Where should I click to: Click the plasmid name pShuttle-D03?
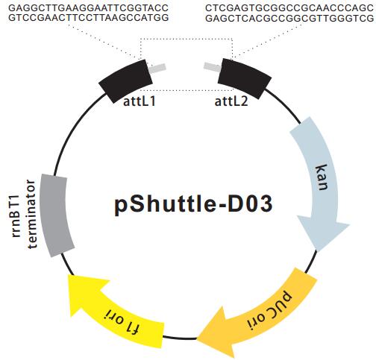[x=193, y=205]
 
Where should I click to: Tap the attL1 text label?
[x=140, y=101]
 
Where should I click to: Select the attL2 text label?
[x=231, y=101]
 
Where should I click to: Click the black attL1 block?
[x=126, y=80]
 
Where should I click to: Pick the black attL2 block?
[x=245, y=78]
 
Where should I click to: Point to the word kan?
[x=322, y=177]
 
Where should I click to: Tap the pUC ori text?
[x=269, y=311]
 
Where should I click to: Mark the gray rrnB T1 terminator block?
[x=57, y=215]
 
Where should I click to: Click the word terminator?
[x=32, y=214]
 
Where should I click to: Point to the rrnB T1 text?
[x=16, y=216]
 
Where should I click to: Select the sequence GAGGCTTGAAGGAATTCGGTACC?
[x=89, y=8]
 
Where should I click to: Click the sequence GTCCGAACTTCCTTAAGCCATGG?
[x=89, y=18]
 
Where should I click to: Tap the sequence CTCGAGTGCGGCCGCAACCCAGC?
[x=289, y=8]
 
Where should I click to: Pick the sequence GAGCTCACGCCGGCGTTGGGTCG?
[x=289, y=18]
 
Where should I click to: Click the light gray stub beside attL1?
[x=157, y=69]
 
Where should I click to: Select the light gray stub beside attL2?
[x=212, y=67]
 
